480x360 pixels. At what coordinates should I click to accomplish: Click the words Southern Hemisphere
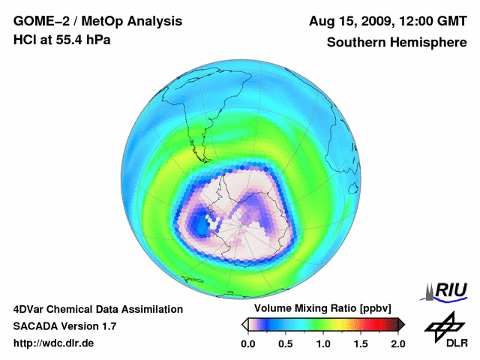pos(397,42)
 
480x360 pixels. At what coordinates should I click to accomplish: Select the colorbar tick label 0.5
pos(285,343)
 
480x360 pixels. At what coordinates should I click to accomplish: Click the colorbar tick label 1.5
pos(360,343)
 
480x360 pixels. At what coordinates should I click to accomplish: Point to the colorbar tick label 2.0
pos(397,343)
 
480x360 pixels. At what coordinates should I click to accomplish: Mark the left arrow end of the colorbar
pos(244,324)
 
